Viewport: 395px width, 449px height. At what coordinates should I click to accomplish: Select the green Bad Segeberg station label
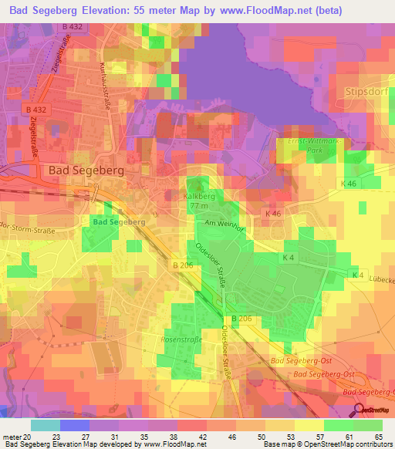(120, 221)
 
